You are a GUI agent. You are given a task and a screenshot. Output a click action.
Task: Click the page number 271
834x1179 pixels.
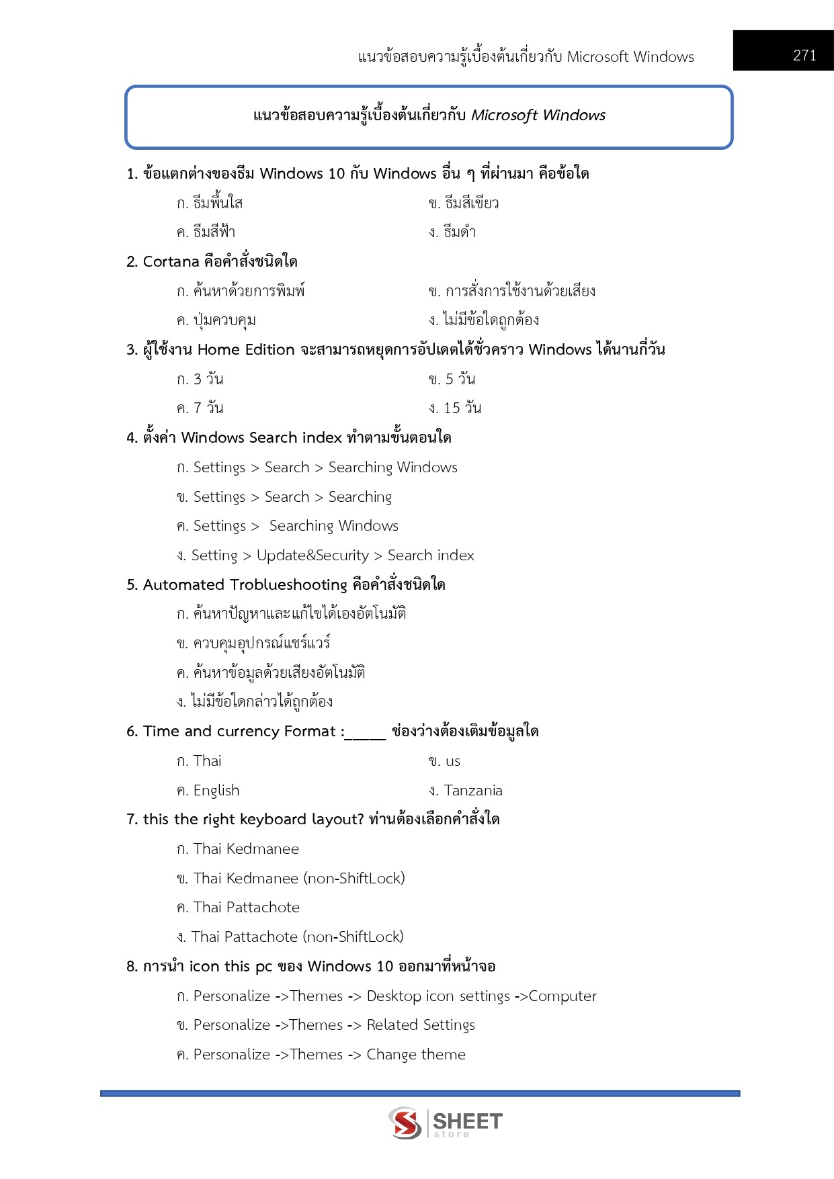click(804, 56)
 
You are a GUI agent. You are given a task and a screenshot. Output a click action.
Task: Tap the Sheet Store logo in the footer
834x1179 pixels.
click(445, 1123)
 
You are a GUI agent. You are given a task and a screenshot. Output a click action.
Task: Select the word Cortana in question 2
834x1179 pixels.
click(171, 261)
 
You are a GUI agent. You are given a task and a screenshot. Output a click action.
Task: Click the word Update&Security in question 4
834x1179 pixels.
click(312, 556)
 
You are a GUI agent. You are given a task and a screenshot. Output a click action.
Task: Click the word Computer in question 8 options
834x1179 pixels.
click(562, 996)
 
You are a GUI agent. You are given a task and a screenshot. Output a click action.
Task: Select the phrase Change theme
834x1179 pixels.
click(415, 1055)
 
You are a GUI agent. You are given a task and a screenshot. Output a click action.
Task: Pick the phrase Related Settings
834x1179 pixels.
click(421, 1025)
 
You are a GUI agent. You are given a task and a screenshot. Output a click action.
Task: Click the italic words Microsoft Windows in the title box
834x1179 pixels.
click(538, 116)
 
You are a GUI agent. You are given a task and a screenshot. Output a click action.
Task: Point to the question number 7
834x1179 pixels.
click(131, 820)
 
